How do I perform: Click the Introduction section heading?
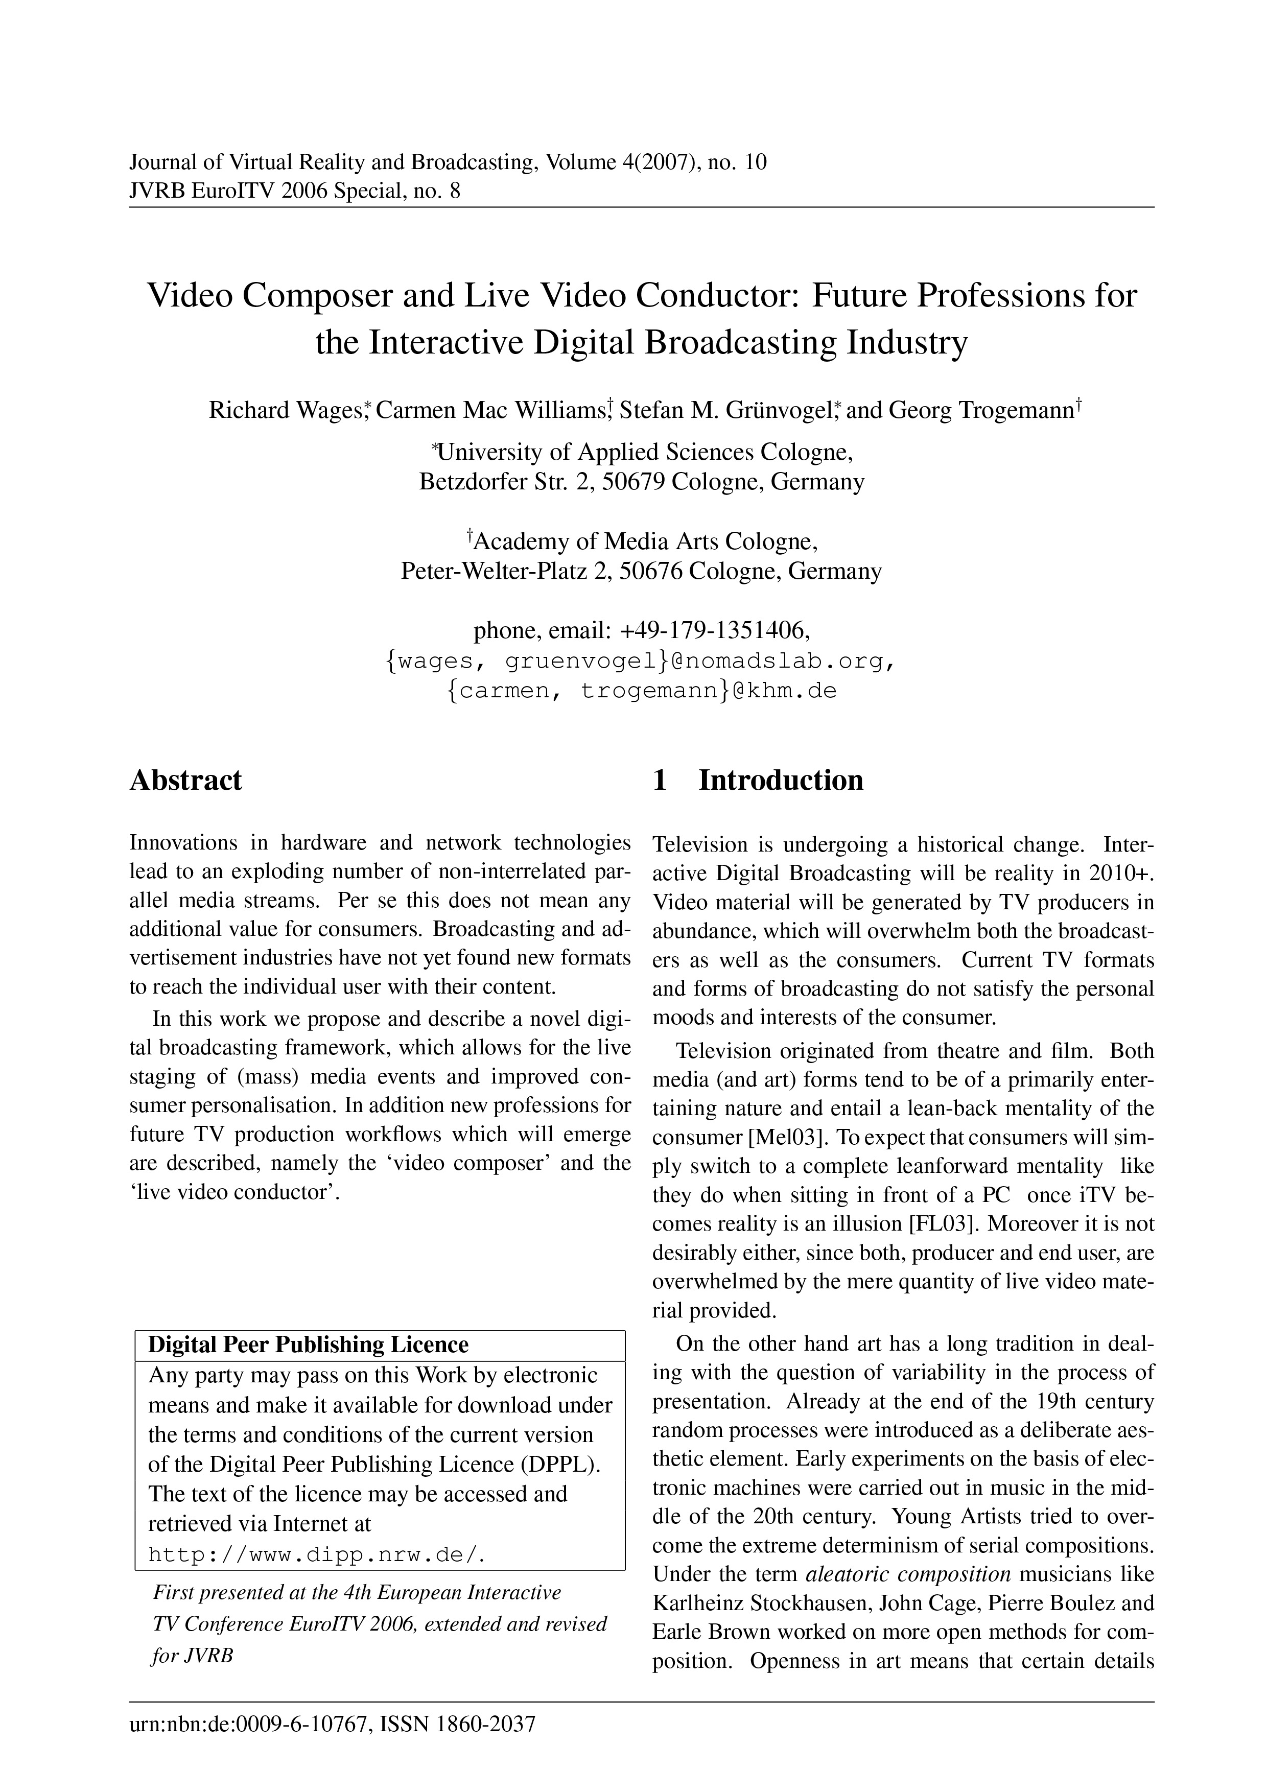[780, 780]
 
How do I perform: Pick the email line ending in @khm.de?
[642, 691]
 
